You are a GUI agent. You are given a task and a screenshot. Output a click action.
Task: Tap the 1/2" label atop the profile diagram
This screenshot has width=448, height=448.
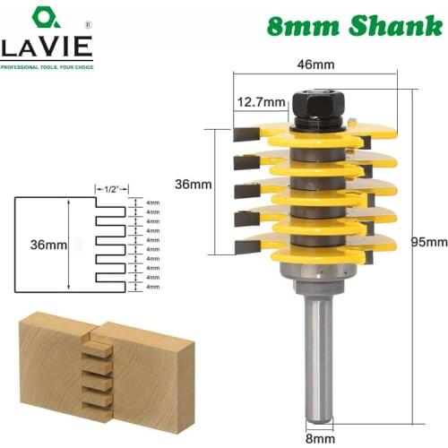click(x=111, y=189)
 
